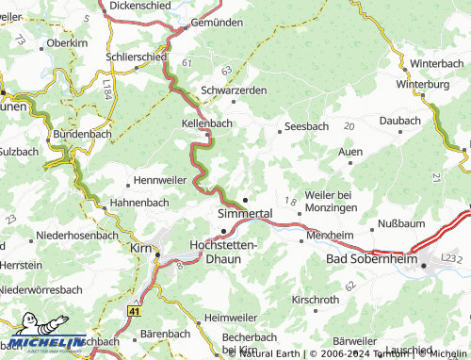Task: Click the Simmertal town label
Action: point(244,214)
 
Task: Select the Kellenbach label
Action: point(206,123)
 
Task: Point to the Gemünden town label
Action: point(216,21)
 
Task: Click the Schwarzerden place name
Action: point(234,90)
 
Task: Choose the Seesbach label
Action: point(308,127)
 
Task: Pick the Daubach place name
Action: point(399,121)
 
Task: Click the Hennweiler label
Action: point(161,179)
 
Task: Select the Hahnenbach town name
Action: point(138,203)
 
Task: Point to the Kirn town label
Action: point(142,247)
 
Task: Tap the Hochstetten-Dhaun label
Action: point(230,251)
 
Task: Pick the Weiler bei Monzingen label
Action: point(328,200)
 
